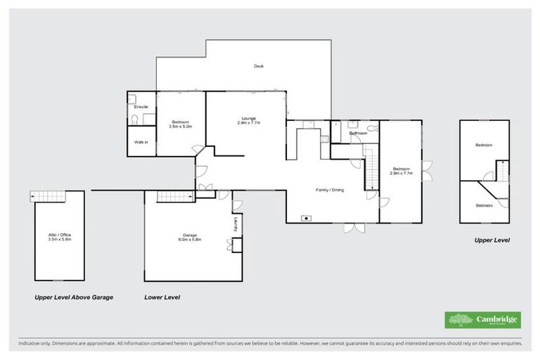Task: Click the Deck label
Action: click(x=258, y=66)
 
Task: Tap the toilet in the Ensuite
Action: click(x=134, y=120)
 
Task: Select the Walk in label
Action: click(x=141, y=142)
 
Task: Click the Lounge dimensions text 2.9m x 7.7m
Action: click(x=248, y=123)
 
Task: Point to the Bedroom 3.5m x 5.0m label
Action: click(x=181, y=124)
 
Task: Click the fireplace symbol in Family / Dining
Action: click(x=307, y=218)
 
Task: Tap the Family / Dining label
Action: click(x=329, y=189)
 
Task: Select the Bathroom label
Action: click(x=358, y=133)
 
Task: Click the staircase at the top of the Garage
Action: click(x=174, y=197)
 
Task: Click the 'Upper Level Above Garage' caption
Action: click(x=74, y=297)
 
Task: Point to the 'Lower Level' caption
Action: click(x=162, y=297)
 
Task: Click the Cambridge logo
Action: click(x=483, y=320)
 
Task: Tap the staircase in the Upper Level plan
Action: click(x=503, y=170)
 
